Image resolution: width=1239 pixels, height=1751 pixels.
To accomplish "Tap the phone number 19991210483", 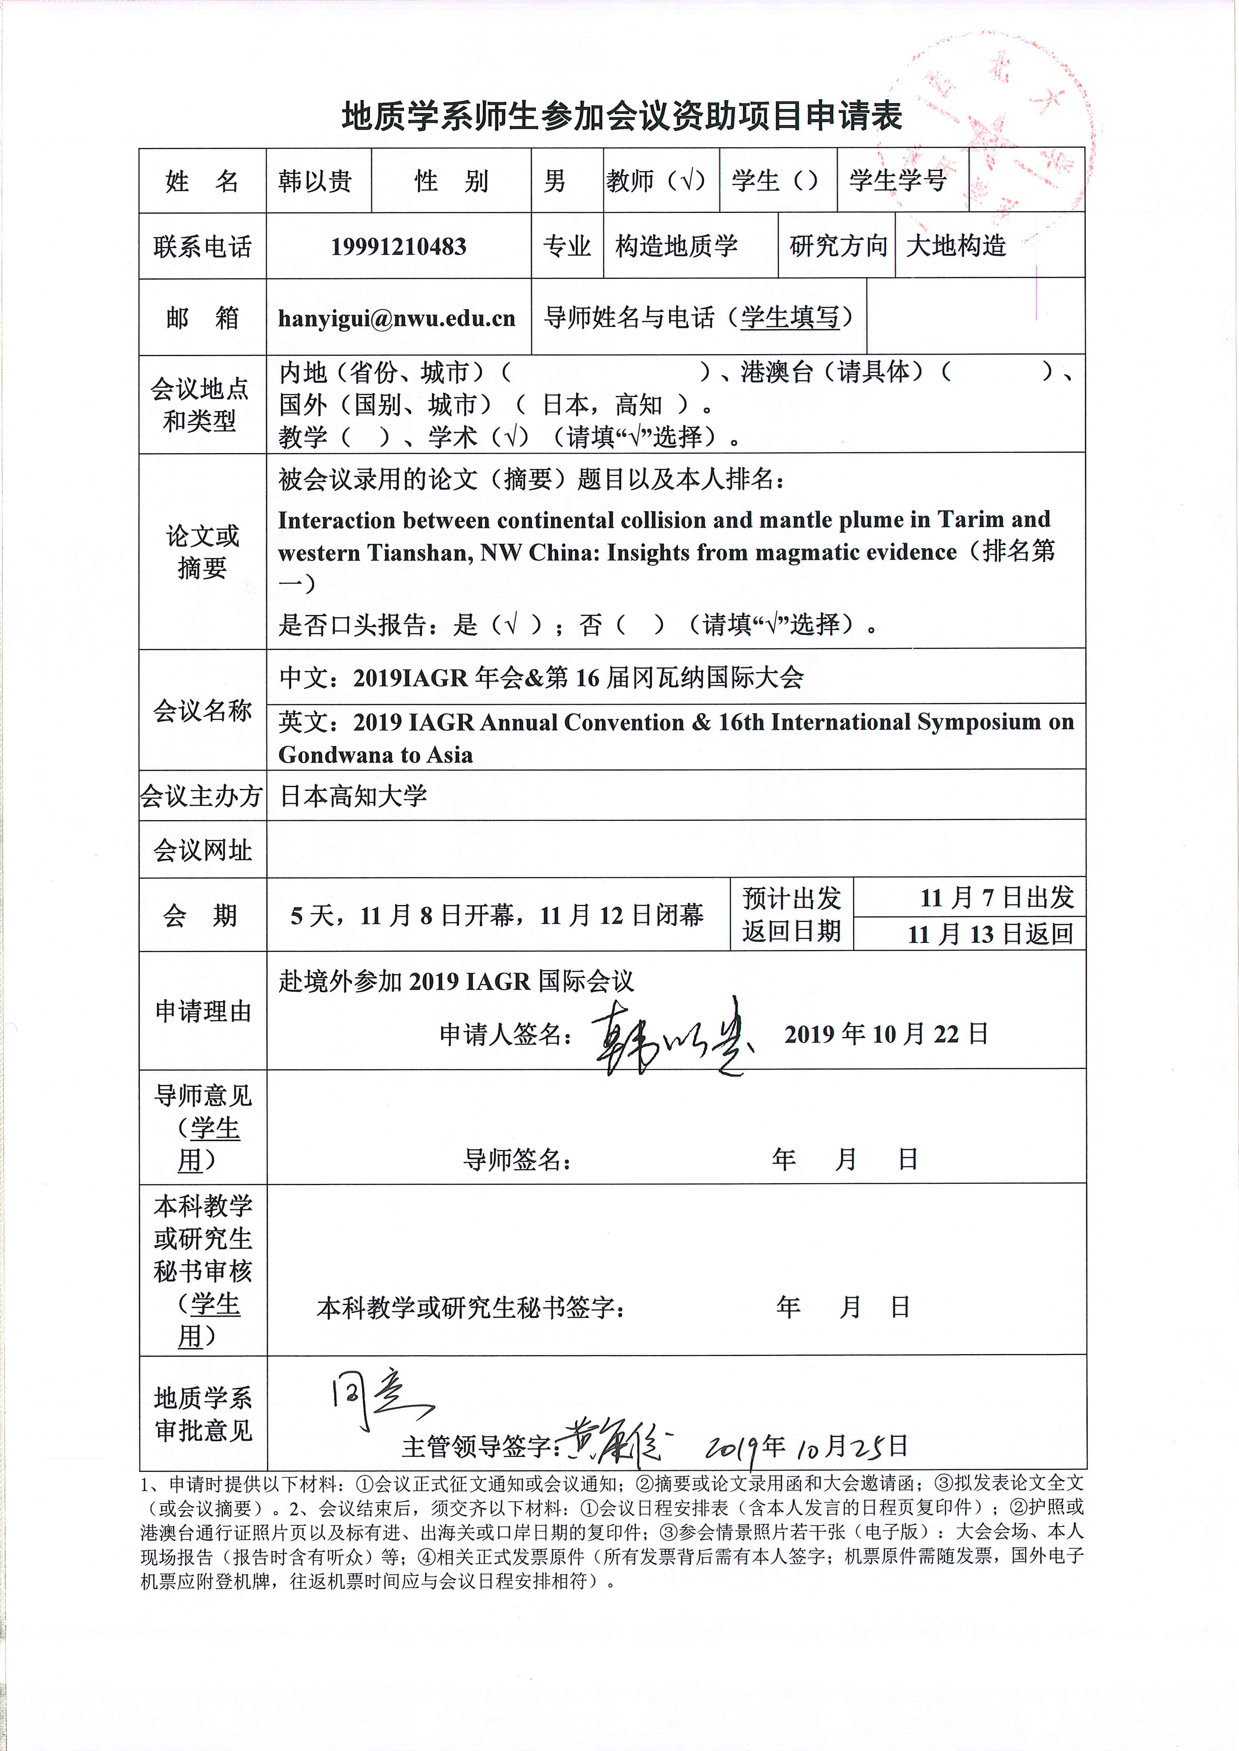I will pos(398,247).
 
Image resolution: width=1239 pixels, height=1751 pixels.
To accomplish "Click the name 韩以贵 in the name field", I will pos(315,182).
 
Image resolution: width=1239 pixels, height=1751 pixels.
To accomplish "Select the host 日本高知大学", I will pos(353,796).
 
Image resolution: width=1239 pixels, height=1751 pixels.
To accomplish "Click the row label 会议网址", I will pos(202,850).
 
